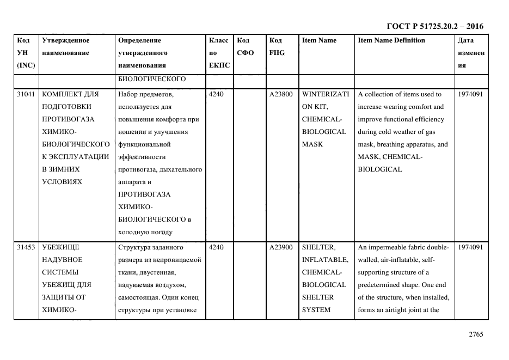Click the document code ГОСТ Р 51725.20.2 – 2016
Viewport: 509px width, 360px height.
[434, 26]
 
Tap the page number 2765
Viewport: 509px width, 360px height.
[476, 335]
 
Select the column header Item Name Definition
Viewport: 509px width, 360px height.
[391, 40]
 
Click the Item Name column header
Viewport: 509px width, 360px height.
[319, 40]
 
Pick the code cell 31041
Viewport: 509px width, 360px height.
[26, 94]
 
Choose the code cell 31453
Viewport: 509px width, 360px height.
[26, 247]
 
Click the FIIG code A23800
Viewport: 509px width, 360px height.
[281, 94]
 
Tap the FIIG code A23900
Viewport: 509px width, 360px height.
[281, 247]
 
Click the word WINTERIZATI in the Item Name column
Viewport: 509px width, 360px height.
[325, 94]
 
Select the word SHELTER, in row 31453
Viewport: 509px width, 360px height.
[318, 247]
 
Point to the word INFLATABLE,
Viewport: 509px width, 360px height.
[325, 260]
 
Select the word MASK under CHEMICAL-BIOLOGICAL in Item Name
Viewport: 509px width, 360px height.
[312, 144]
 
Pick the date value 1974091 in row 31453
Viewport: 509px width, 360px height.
[471, 247]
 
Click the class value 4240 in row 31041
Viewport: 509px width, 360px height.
[216, 94]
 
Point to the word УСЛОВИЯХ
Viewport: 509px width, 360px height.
[62, 182]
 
